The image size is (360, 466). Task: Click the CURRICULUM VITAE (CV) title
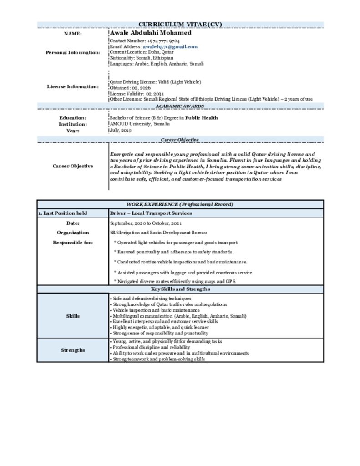180,25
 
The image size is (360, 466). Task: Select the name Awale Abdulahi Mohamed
151,33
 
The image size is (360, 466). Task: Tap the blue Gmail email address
170,46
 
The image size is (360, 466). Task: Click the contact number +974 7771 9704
157,41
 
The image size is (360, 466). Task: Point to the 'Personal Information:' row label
73,52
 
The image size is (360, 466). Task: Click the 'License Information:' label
73,86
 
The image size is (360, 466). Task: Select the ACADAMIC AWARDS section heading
180,106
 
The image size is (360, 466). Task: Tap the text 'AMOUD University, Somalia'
140,124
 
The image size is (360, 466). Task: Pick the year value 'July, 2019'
121,130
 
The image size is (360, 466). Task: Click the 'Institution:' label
73,124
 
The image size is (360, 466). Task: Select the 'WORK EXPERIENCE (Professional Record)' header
180,204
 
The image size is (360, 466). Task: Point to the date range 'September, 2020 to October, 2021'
146,223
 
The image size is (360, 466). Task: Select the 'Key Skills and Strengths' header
180,289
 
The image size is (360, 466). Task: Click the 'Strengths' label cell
73,350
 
